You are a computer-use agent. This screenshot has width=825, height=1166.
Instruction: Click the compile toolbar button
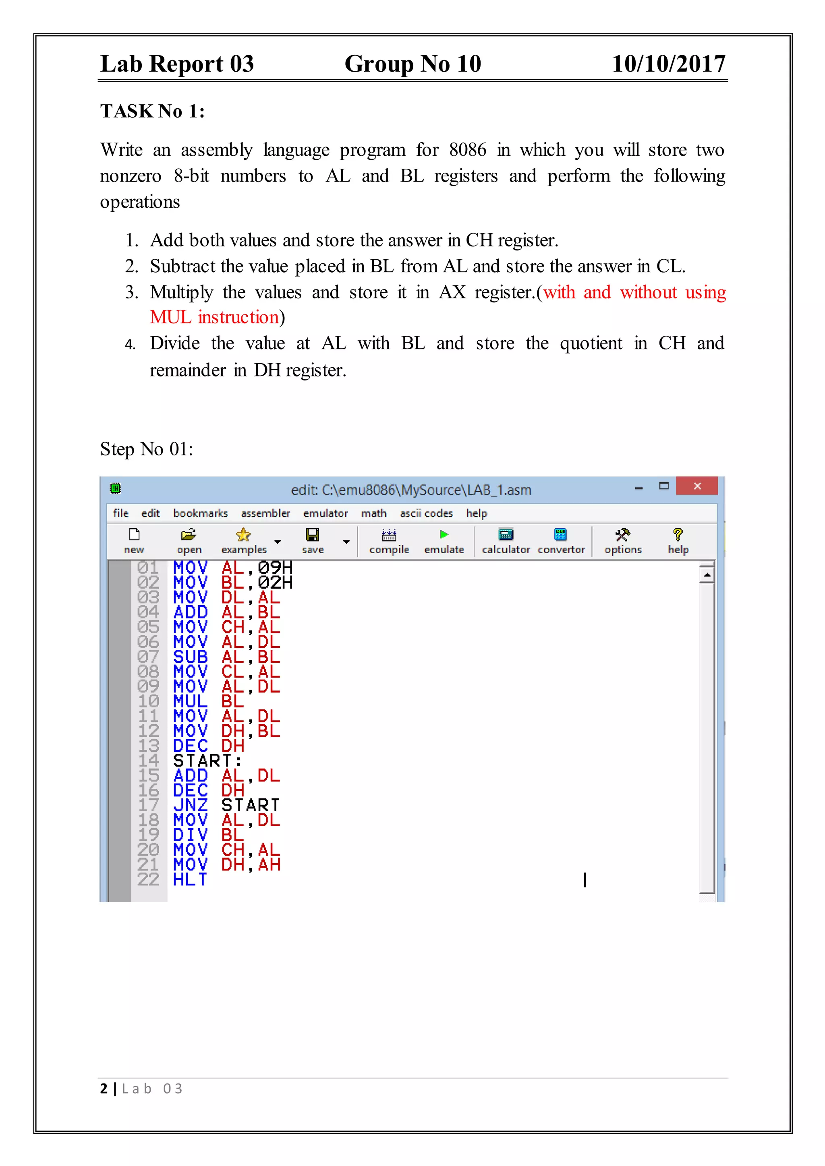pos(389,540)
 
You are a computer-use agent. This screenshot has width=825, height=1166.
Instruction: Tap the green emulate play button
pos(444,535)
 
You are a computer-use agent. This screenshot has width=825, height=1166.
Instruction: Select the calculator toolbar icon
pos(506,535)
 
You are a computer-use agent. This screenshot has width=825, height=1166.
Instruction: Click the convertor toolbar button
pos(561,535)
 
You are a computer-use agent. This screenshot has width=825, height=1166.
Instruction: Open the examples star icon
pos(244,535)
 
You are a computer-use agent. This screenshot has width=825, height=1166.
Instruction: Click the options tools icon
pos(623,535)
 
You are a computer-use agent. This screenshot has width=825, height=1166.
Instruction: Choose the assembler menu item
pos(265,513)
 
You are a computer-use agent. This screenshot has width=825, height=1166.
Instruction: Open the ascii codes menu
pos(426,513)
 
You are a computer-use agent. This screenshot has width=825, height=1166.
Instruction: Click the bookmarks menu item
pos(200,513)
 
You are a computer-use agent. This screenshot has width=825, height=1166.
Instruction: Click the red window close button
pos(697,486)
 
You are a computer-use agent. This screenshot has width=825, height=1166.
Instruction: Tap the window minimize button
pos(639,488)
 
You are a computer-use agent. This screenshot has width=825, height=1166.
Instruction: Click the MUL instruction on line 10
pos(190,701)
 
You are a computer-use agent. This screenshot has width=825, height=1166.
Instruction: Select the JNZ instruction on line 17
pos(190,805)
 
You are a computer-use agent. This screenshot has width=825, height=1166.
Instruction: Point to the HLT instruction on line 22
pos(190,880)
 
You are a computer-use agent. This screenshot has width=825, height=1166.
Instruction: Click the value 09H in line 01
pos(275,567)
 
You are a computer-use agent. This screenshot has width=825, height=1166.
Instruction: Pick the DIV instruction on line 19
pos(190,835)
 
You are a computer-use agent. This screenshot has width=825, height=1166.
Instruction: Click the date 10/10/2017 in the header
pos(669,64)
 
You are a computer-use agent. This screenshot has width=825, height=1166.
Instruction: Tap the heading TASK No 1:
pos(152,111)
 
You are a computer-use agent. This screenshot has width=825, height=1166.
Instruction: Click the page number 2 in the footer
pos(104,1088)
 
